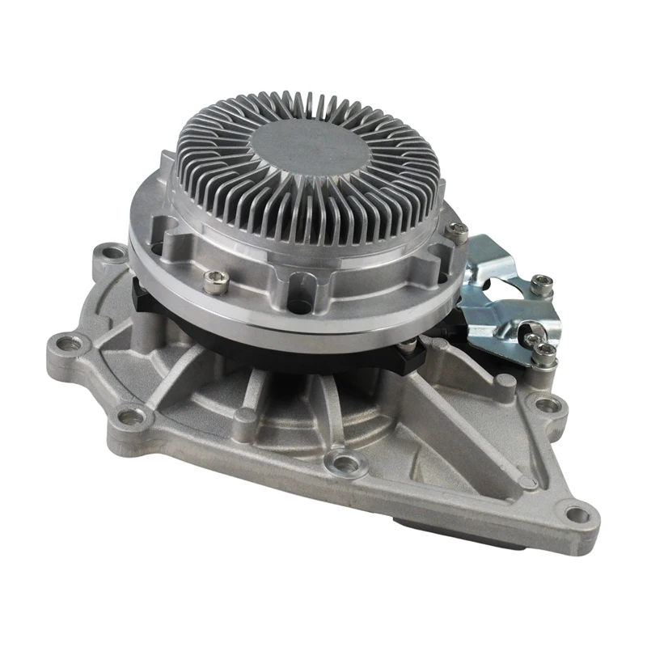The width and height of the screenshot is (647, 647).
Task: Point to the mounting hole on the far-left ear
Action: [70, 343]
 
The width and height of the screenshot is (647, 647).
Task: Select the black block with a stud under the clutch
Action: [408, 353]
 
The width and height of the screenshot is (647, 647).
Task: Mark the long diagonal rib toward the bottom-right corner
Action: [477, 453]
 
